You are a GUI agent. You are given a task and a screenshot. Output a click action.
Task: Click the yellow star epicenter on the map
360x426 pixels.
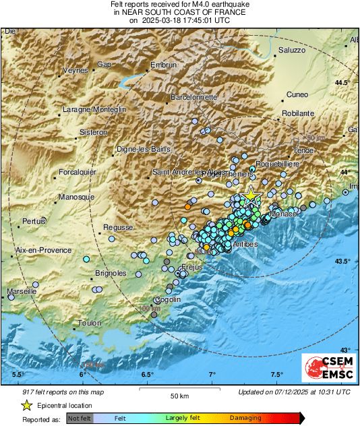(x=251, y=195)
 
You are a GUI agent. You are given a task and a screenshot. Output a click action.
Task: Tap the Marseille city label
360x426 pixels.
(x=22, y=293)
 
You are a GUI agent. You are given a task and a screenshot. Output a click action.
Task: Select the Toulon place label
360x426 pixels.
(x=89, y=324)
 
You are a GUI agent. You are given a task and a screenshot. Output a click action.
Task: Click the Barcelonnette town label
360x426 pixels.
(x=194, y=97)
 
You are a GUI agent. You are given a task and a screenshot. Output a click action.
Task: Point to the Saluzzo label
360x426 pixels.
(x=292, y=51)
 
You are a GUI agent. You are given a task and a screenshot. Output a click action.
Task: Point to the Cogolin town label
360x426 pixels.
(x=167, y=299)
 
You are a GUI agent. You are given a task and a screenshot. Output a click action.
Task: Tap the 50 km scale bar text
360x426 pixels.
(x=179, y=395)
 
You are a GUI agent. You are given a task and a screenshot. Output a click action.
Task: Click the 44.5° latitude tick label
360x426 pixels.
(x=344, y=83)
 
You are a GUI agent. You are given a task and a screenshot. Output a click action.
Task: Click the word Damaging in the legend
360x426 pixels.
(x=245, y=418)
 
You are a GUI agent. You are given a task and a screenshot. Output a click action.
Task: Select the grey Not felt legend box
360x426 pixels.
(x=79, y=418)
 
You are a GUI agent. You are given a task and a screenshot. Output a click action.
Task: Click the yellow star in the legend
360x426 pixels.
(x=26, y=405)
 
